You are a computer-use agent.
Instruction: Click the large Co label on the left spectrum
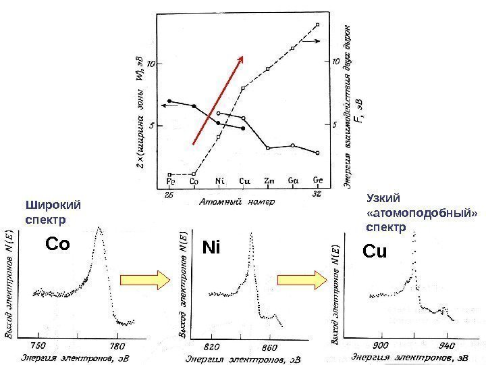[x=57, y=244]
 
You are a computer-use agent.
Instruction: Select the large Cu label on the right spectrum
[x=375, y=251]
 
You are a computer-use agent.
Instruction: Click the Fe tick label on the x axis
[x=171, y=180]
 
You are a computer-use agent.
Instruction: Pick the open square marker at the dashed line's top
[x=317, y=25]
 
